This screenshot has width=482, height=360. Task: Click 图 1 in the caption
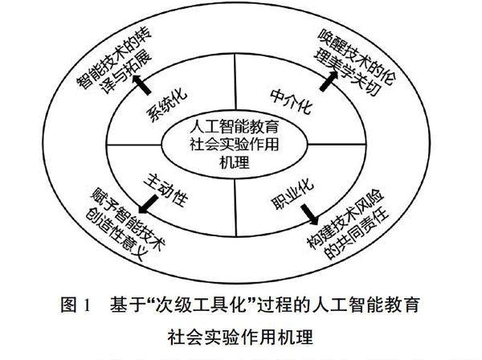pyautogui.click(x=75, y=306)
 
